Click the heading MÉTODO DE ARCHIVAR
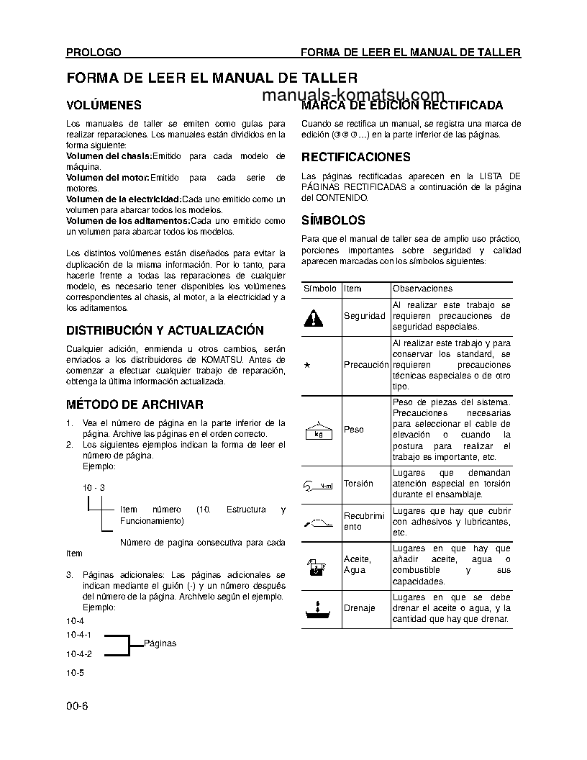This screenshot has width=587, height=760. point(135,405)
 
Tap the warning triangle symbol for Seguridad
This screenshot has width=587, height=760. point(314,316)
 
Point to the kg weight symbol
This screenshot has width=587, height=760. point(318,430)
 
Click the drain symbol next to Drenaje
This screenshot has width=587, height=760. point(316,608)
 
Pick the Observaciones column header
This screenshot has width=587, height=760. point(422,289)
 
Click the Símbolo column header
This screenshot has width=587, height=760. point(320,289)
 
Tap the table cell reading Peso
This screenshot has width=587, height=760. point(354,430)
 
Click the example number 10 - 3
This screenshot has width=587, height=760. point(94,487)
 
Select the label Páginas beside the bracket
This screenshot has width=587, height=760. point(160,643)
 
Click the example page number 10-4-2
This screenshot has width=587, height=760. point(79,654)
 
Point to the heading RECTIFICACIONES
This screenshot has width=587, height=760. point(356,157)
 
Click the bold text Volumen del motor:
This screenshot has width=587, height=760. point(107,177)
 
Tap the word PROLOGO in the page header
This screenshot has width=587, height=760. point(94,53)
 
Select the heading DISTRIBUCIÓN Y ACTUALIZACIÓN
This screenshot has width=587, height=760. point(165,330)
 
